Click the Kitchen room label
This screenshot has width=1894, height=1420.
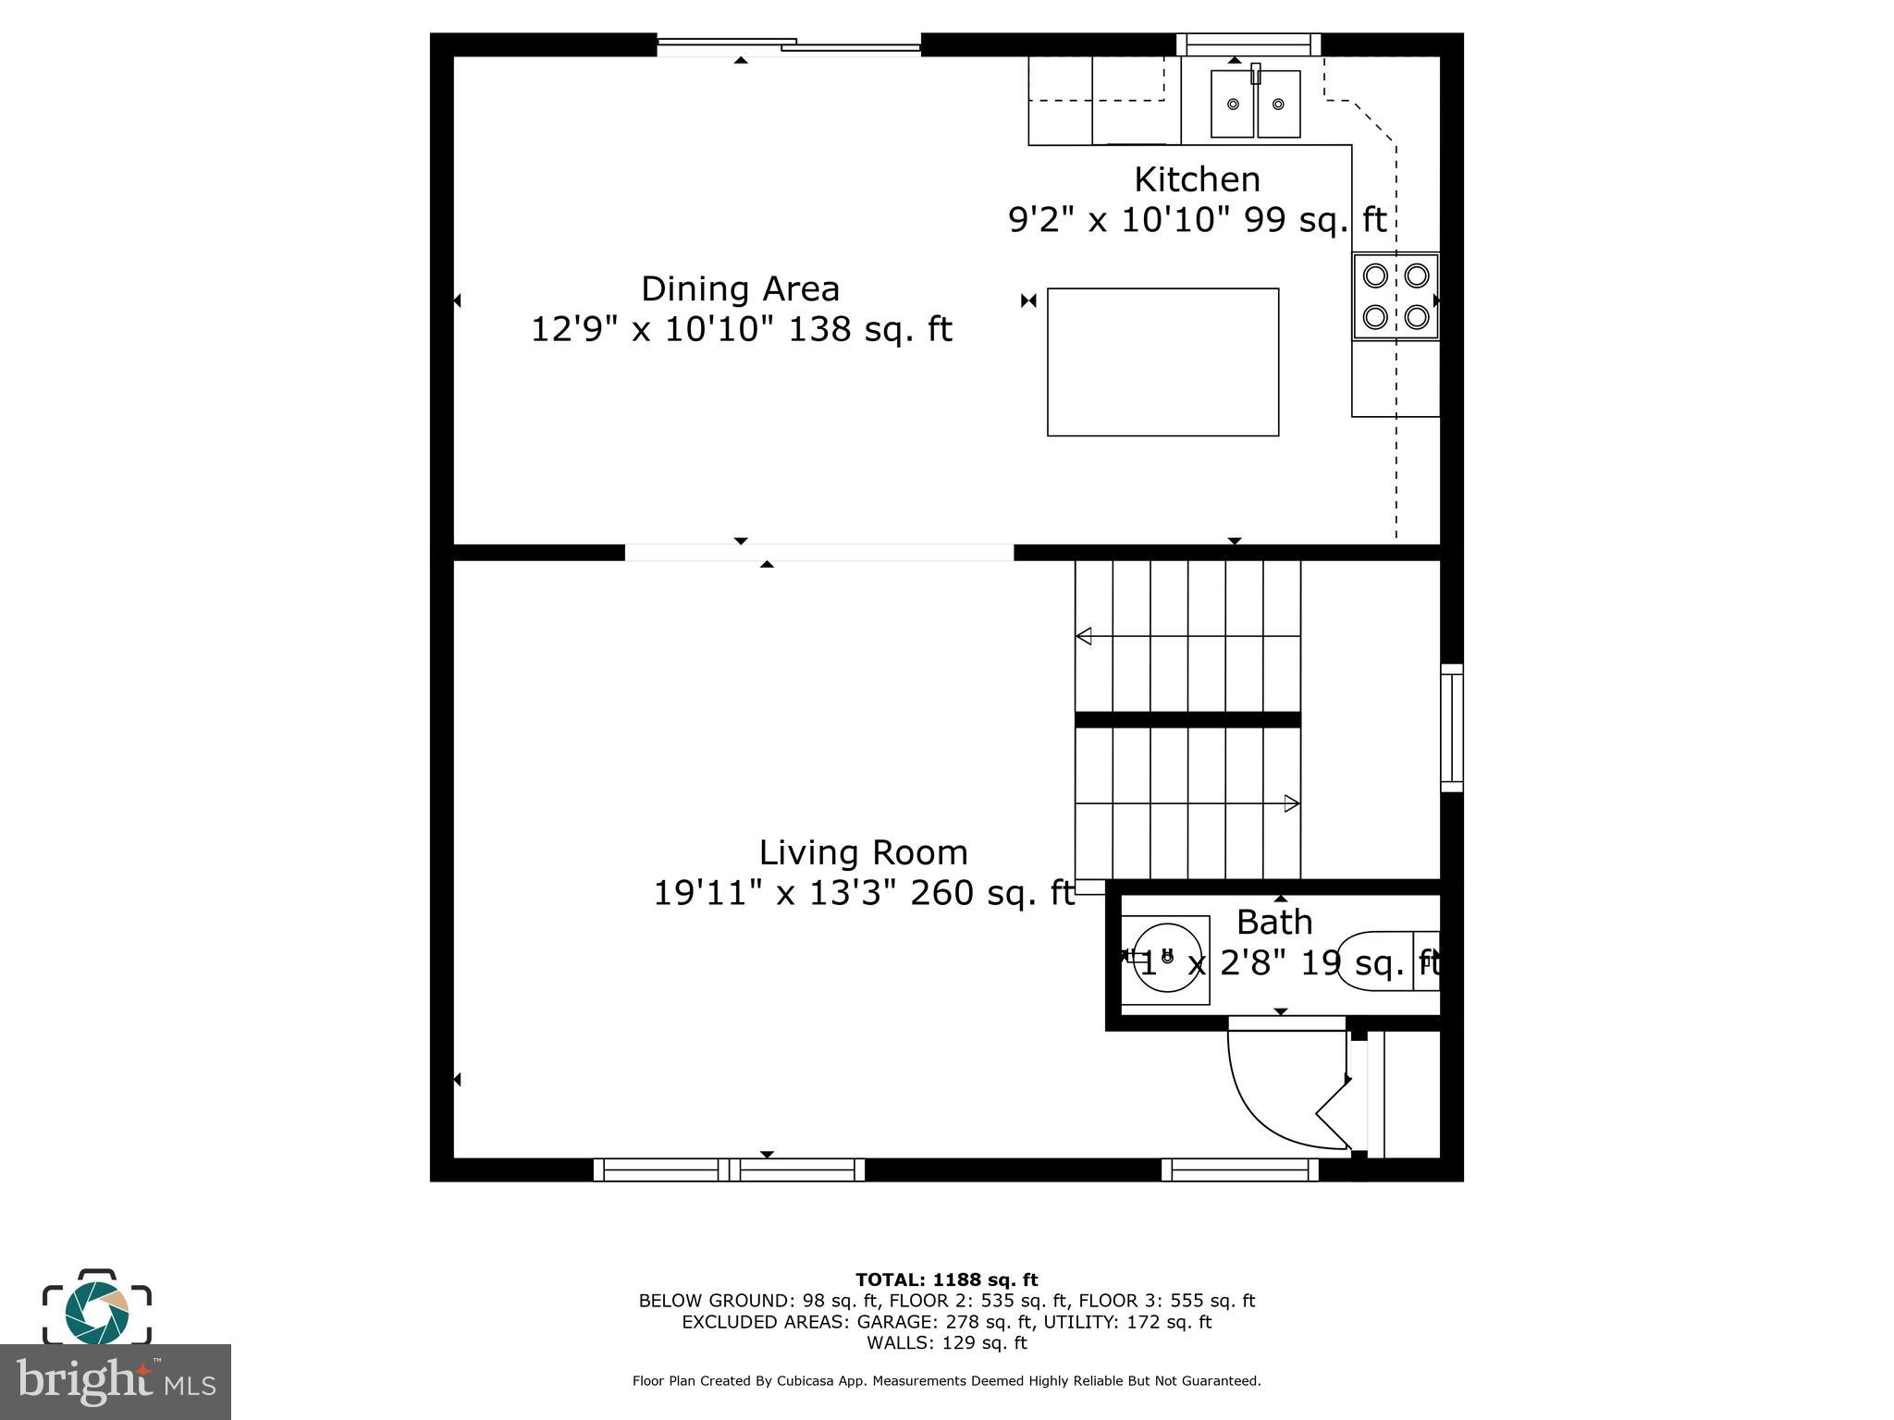1197,179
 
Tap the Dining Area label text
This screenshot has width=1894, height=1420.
740,289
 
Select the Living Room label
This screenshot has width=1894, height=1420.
863,852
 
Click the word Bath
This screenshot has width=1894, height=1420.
1273,923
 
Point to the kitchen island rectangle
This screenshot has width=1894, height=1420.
1162,361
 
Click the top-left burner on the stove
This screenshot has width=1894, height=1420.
1375,275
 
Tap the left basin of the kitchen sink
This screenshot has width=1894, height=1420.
1233,104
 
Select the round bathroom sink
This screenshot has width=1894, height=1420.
1167,958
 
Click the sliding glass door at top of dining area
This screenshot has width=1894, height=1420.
789,44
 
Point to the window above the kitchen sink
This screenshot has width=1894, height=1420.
1248,43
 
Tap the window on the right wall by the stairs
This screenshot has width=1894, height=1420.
1452,728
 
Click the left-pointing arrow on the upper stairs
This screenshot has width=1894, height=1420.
1084,636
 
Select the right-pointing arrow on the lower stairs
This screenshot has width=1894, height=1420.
1291,803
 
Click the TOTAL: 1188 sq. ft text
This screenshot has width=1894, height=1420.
946,1279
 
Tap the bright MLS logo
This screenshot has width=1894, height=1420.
115,1382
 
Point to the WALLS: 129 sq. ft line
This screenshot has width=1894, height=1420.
946,1342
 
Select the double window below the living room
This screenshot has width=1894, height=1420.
729,1170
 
